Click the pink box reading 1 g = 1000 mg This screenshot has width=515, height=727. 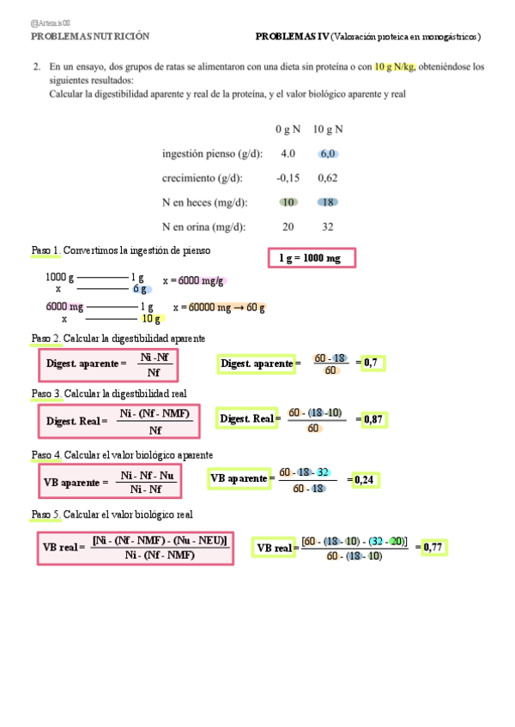[311, 258]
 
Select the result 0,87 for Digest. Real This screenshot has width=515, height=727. [373, 419]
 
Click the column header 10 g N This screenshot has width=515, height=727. [327, 129]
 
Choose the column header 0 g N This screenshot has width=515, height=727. [288, 129]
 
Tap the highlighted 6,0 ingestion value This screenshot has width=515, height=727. [327, 154]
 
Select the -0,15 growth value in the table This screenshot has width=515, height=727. [288, 178]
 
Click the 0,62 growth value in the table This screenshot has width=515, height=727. [327, 178]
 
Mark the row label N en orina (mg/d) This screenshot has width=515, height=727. [204, 227]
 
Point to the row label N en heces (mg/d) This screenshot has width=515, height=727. [204, 203]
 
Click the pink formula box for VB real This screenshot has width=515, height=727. [135, 547]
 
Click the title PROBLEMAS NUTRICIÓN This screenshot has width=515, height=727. [90, 37]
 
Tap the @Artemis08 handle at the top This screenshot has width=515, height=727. [51, 23]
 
